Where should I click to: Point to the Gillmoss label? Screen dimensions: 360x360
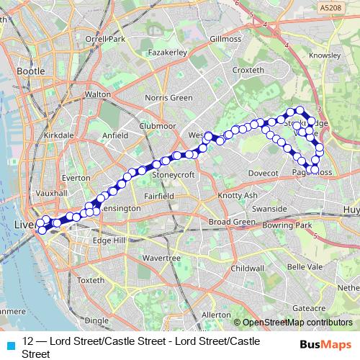[x=226, y=38]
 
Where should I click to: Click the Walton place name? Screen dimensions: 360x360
[x=97, y=94]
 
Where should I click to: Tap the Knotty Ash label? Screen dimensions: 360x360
[x=237, y=196]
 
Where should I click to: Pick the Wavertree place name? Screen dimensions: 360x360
[x=161, y=258]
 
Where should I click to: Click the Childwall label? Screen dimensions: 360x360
[x=247, y=267]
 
